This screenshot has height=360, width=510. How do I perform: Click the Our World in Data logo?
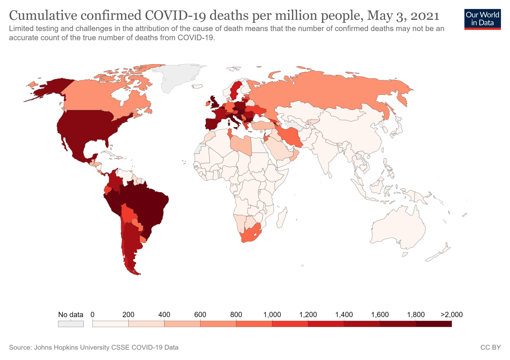coord(483,18)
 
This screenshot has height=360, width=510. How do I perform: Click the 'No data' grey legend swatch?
coord(71,324)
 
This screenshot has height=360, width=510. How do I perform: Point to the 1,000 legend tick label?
coord(272,315)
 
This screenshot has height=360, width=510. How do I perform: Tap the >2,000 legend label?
coord(451,315)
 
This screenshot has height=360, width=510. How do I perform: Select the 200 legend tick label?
coord(128,315)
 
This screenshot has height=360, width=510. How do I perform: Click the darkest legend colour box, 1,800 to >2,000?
coord(433,324)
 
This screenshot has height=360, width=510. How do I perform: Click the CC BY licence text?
coord(490,348)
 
